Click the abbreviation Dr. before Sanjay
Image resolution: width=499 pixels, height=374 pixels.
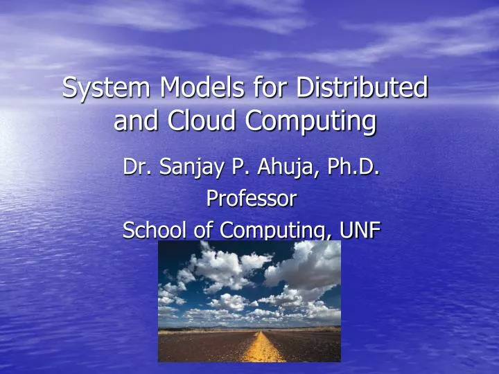134,167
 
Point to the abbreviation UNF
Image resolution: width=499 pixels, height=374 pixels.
360,231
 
